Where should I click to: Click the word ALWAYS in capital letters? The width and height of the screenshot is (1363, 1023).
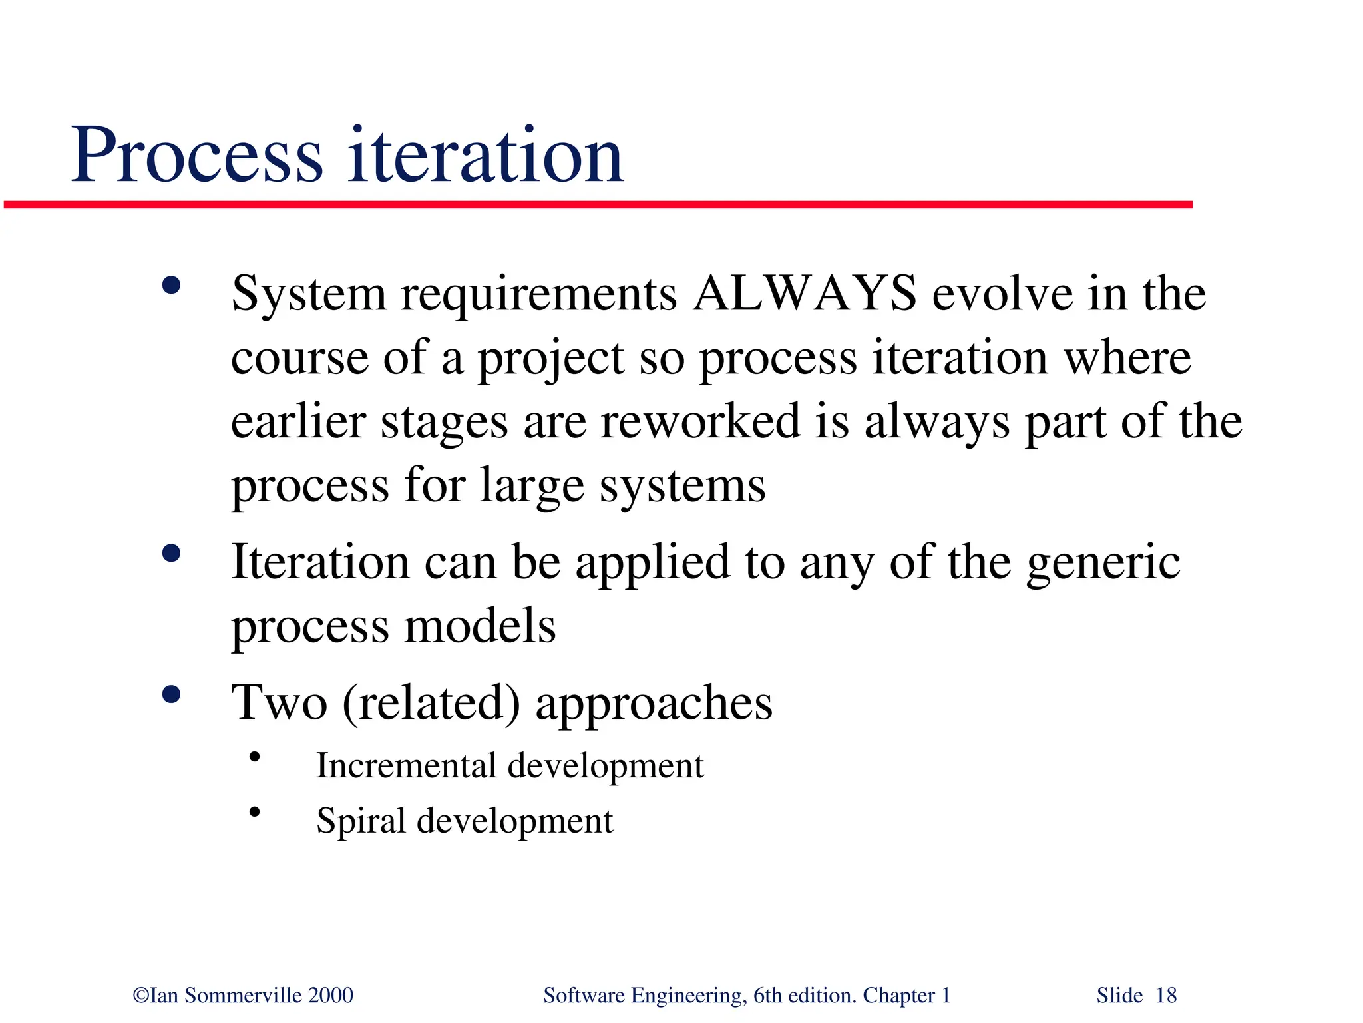pyautogui.click(x=804, y=294)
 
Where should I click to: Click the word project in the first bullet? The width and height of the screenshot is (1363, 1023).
pyautogui.click(x=551, y=359)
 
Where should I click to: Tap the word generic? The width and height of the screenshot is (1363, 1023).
pyautogui.click(x=1103, y=563)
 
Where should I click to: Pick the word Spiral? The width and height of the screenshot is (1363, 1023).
pyautogui.click(x=360, y=821)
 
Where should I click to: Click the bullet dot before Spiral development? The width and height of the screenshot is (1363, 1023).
pyautogui.click(x=254, y=811)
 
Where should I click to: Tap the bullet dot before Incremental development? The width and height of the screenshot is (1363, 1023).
pyautogui.click(x=254, y=757)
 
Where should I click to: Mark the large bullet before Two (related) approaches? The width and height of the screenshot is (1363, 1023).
pyautogui.click(x=171, y=694)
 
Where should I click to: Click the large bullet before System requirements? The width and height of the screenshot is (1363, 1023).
pyautogui.click(x=171, y=286)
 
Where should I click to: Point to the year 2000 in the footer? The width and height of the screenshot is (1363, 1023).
pyautogui.click(x=331, y=996)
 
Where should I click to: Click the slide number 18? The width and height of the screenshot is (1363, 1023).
pyautogui.click(x=1166, y=996)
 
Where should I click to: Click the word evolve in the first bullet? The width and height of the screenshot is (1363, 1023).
pyautogui.click(x=1002, y=294)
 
